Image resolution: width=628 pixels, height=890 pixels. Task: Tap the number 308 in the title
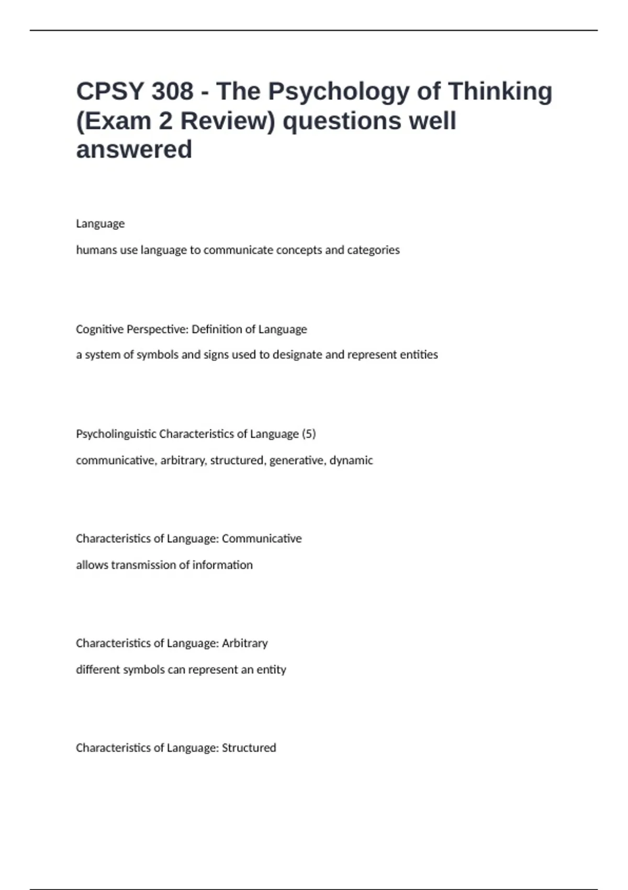(x=173, y=92)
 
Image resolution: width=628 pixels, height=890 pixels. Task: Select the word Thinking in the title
(x=500, y=92)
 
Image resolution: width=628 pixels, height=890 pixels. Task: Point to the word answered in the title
(x=134, y=150)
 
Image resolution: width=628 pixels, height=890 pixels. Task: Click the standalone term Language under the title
(x=100, y=224)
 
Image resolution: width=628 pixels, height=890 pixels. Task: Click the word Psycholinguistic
(x=116, y=434)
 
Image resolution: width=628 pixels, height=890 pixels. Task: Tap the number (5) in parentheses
(x=309, y=434)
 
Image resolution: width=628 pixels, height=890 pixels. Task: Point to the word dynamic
(x=351, y=461)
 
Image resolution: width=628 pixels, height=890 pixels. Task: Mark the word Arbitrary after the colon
(x=245, y=643)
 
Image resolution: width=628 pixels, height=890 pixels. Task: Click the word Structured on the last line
(x=249, y=748)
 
